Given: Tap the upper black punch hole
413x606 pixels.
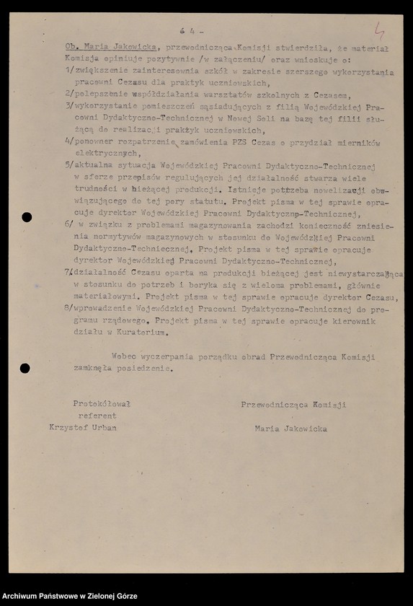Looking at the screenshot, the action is (x=27, y=217).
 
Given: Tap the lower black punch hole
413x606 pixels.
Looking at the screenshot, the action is (x=25, y=368).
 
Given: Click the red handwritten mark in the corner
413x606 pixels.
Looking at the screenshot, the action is (x=378, y=30).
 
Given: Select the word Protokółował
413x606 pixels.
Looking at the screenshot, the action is (x=102, y=404).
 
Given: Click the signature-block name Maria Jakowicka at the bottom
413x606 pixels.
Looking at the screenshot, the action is (x=290, y=429).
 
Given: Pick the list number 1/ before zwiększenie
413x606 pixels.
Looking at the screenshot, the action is (x=68, y=72).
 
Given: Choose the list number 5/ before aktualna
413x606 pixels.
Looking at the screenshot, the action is (x=68, y=167).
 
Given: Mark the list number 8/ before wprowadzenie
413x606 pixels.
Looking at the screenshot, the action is (x=68, y=309).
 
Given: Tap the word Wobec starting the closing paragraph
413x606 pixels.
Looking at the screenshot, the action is (x=126, y=356).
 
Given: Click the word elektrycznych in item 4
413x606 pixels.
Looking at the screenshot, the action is (x=108, y=154).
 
